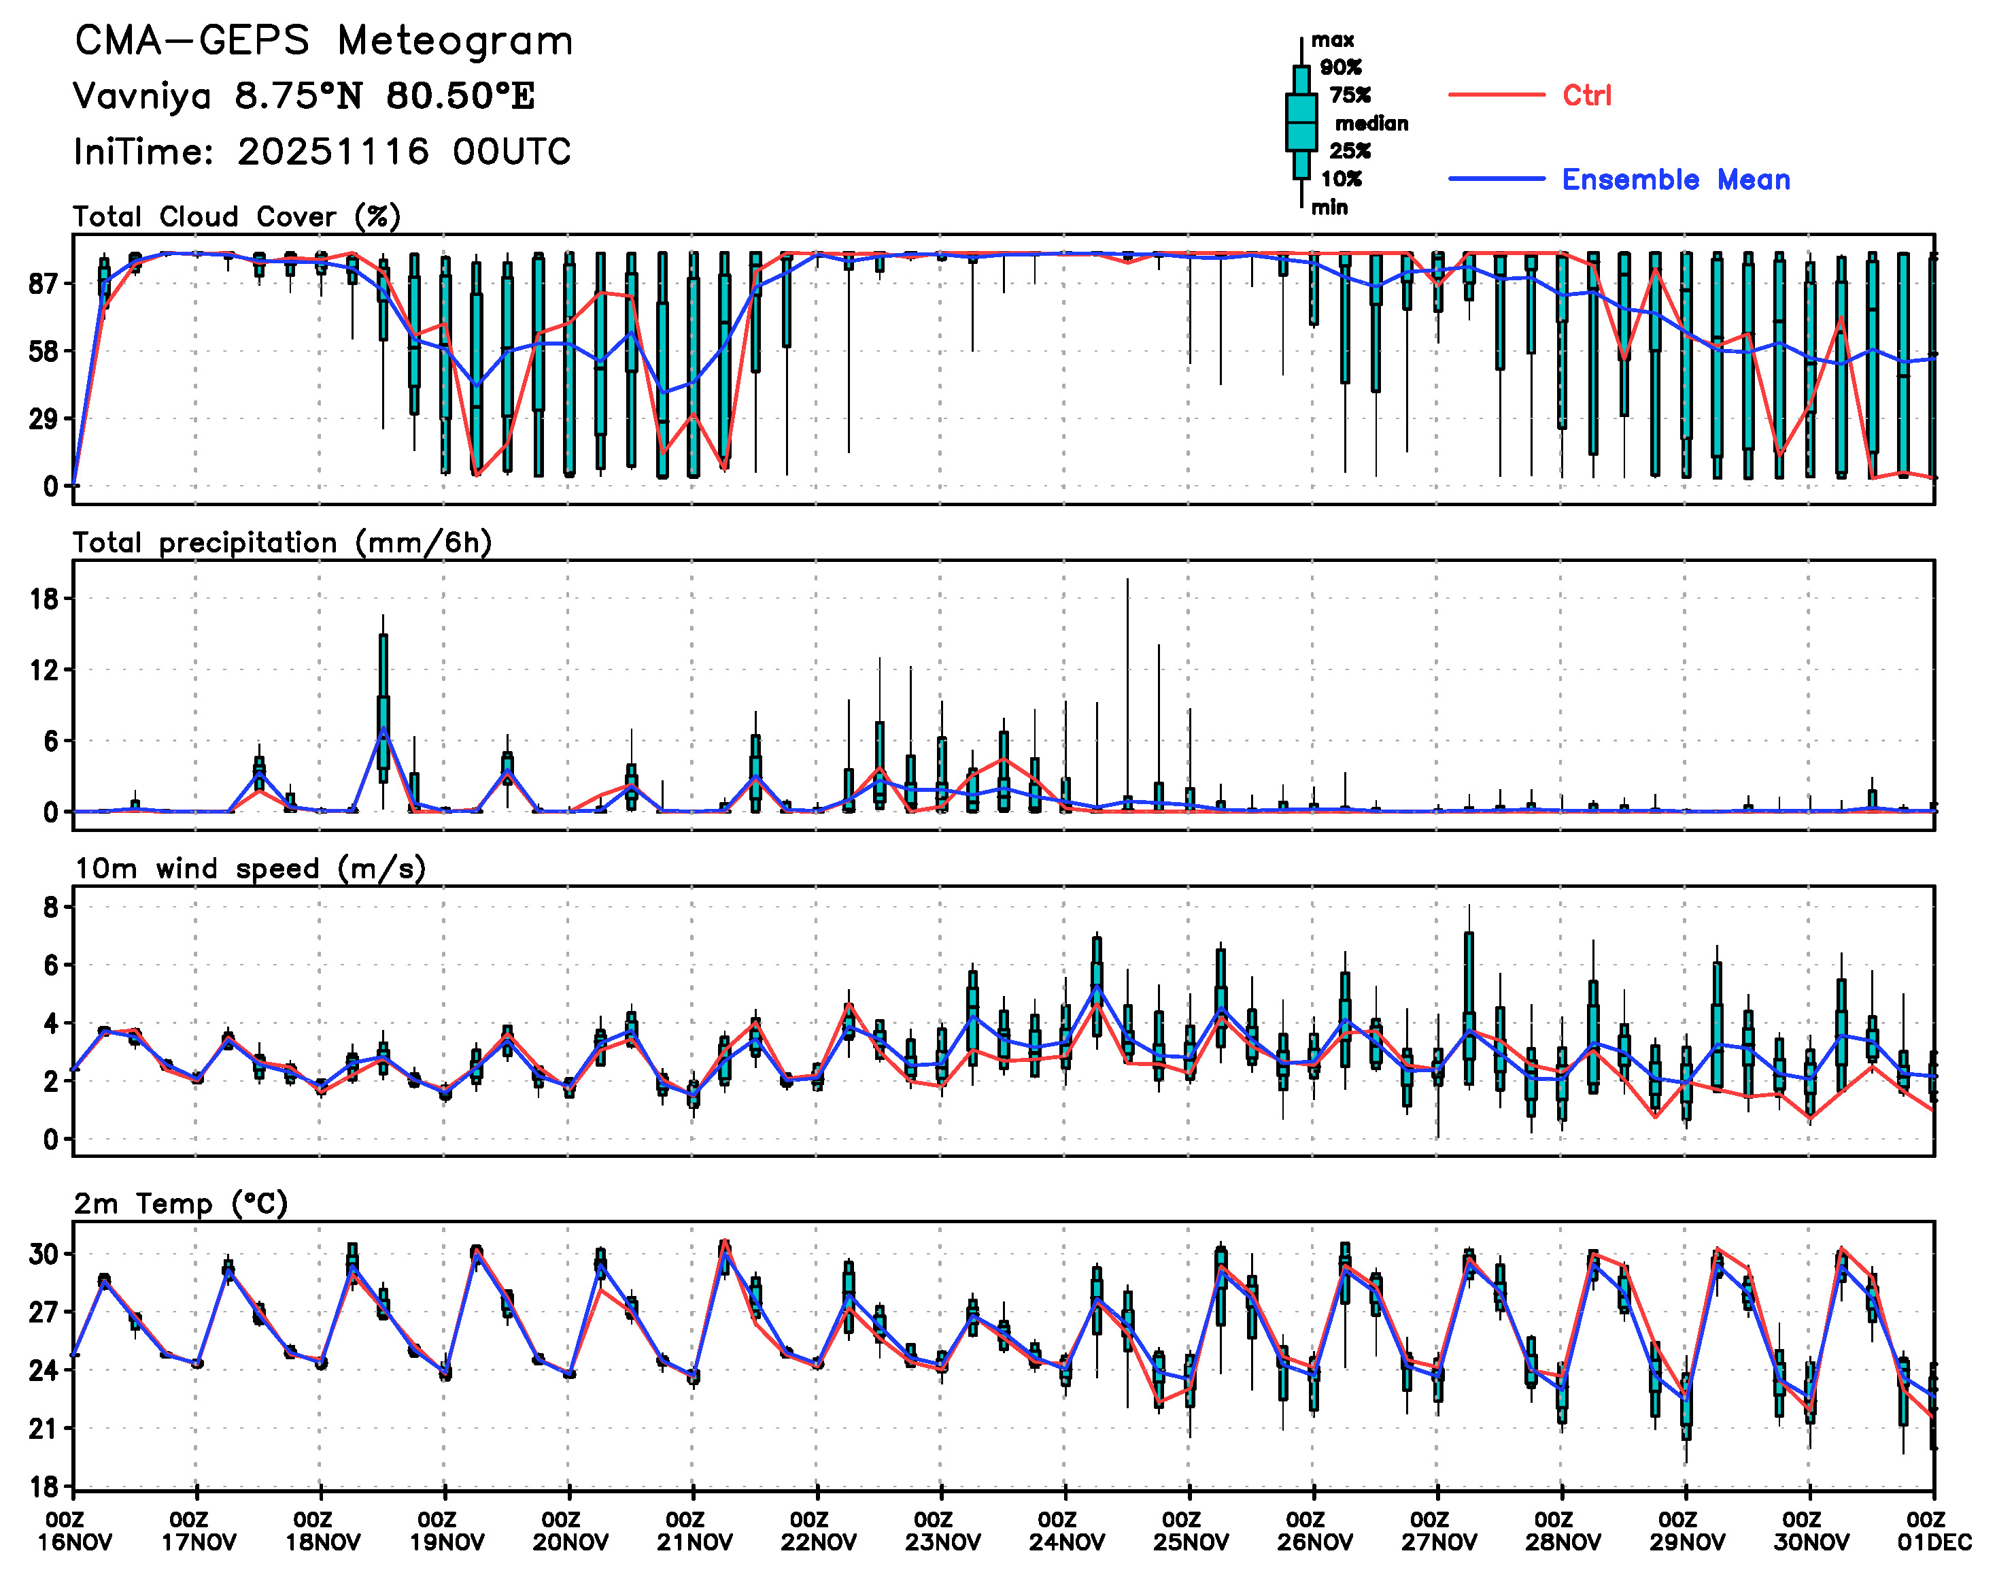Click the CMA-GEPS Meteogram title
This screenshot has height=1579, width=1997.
(324, 41)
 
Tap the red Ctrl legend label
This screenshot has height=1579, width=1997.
(1587, 95)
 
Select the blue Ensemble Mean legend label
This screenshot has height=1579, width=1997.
(1675, 180)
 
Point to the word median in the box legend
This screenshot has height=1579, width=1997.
(1371, 124)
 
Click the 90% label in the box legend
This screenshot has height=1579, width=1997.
(1341, 67)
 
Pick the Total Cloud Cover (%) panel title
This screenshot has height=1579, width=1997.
(237, 216)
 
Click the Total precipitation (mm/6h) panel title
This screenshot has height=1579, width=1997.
(282, 543)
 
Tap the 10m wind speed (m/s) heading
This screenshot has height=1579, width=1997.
(250, 869)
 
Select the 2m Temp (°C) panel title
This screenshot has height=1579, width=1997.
(181, 1203)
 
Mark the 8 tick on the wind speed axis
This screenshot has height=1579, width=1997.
(51, 908)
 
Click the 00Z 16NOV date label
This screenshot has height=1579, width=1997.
(74, 1531)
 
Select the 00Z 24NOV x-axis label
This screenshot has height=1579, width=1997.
(1065, 1531)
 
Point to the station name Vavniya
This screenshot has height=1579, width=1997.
(142, 96)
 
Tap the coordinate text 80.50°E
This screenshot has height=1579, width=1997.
(460, 96)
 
